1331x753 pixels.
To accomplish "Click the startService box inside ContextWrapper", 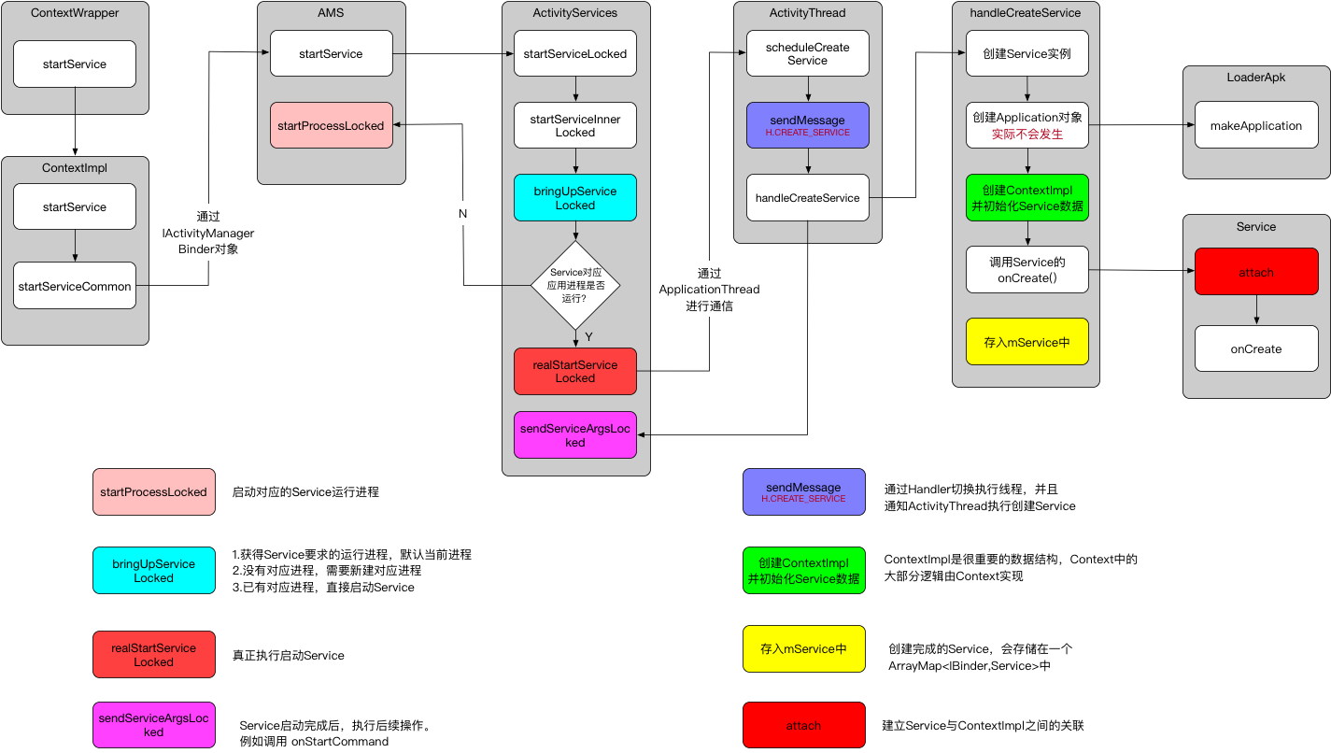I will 75,64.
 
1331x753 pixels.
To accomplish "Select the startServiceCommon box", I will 75,287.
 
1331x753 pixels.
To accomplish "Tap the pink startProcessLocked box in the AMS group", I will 332,125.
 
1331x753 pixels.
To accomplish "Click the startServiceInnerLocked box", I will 575,125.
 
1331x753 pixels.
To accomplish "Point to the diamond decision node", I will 575,285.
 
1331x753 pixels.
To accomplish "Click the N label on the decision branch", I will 462,213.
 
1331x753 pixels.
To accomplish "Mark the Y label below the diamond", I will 588,336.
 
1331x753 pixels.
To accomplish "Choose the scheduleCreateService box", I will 807,54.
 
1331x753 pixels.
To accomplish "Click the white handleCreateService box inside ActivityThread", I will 807,197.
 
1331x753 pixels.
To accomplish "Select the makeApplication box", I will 1256,125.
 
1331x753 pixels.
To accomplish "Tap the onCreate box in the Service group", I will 1256,348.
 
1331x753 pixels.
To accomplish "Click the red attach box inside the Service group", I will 1256,273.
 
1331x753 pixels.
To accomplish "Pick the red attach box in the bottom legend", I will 803,725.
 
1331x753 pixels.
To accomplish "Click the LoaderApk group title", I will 1256,78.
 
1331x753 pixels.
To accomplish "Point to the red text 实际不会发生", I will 1027,135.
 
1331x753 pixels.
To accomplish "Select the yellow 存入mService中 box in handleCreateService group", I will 1027,342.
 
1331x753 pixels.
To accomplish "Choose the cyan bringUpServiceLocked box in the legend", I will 153,571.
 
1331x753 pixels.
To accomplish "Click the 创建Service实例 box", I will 1027,54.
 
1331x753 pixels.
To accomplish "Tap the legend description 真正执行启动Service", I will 289,656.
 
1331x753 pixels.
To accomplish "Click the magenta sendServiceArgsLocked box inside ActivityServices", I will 575,434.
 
